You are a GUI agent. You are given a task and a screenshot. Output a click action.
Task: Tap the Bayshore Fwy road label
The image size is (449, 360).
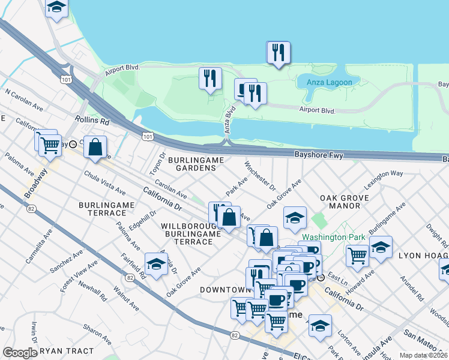(x=318, y=155)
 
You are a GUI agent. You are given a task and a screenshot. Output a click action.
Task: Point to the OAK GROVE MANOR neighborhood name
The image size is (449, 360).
(x=340, y=202)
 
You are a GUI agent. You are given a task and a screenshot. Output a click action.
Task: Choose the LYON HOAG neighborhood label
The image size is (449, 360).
(x=424, y=255)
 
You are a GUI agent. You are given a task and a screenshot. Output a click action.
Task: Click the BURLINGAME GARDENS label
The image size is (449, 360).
(x=196, y=164)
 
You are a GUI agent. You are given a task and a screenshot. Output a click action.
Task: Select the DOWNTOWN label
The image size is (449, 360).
(x=224, y=290)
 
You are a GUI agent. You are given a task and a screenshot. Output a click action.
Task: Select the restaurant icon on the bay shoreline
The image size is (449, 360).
(x=279, y=52)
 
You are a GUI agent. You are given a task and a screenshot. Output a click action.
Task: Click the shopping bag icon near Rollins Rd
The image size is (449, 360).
(x=95, y=146)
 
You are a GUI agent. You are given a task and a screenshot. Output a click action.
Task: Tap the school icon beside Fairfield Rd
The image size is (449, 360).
(x=156, y=264)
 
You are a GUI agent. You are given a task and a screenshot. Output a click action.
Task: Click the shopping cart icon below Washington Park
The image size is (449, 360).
(x=357, y=255)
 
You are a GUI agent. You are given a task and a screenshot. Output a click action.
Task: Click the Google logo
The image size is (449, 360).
(x=20, y=353)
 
